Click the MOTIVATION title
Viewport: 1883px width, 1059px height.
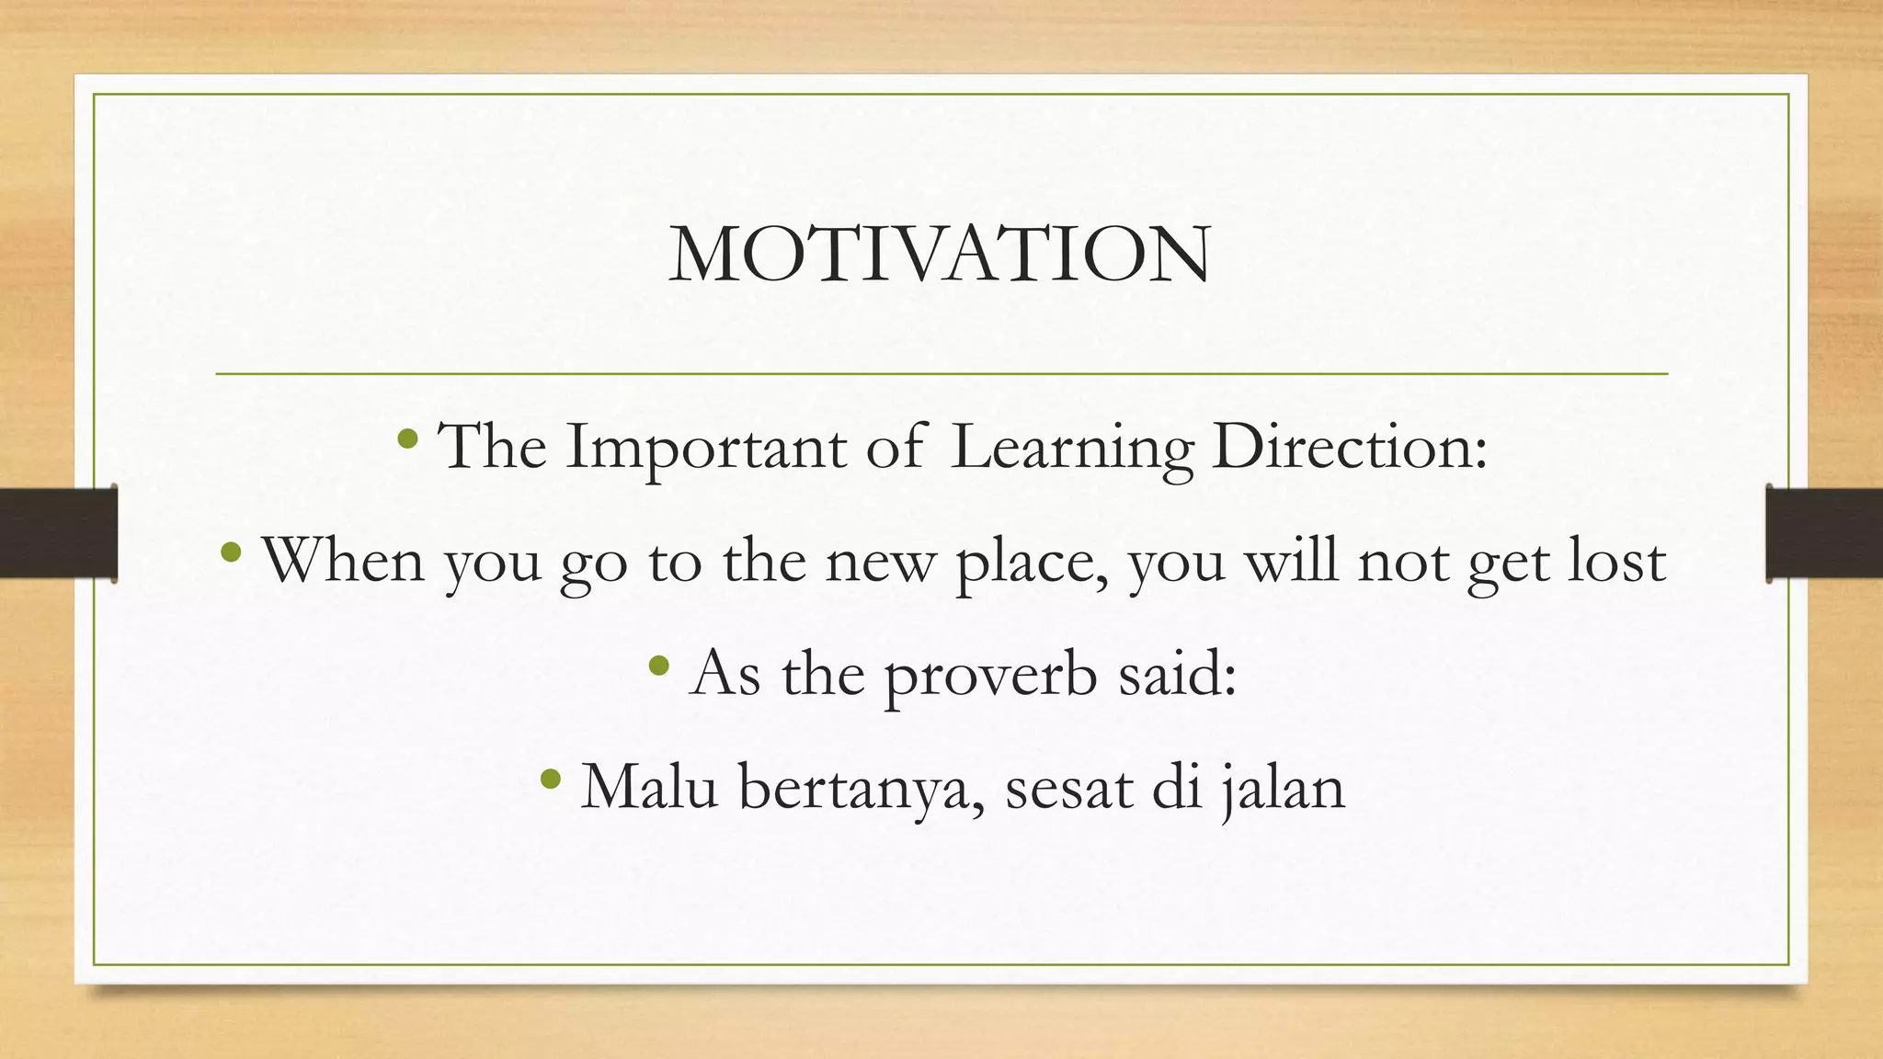pyautogui.click(x=940, y=255)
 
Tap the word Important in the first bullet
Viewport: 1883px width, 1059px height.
pyautogui.click(x=705, y=448)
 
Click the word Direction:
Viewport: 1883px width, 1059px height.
pyautogui.click(x=1350, y=448)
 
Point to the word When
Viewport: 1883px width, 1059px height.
pyautogui.click(x=343, y=560)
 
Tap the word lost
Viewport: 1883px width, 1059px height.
pyautogui.click(x=1616, y=560)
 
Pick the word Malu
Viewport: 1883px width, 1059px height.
pyautogui.click(x=649, y=788)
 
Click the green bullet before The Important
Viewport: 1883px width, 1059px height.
pyautogui.click(x=408, y=438)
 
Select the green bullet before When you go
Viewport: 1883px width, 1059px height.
pyautogui.click(x=232, y=552)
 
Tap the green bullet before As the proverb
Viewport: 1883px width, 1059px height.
pyautogui.click(x=659, y=666)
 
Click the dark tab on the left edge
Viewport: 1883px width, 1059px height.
pyautogui.click(x=58, y=533)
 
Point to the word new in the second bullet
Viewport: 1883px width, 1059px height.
pyautogui.click(x=879, y=562)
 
